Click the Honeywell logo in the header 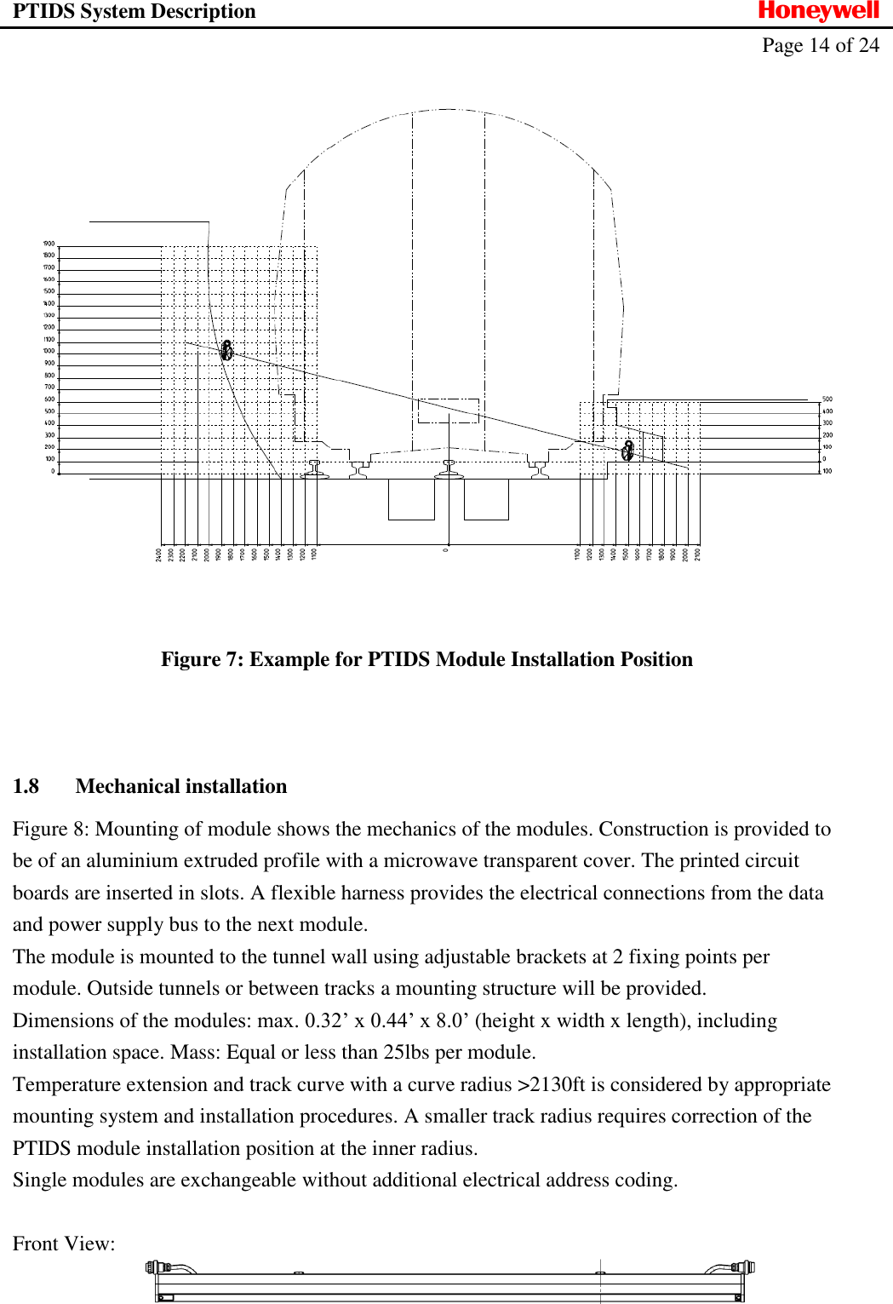click(x=818, y=11)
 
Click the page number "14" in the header click(x=819, y=45)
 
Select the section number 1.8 click(x=26, y=786)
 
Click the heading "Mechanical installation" click(x=181, y=786)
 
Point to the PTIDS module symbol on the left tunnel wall click(x=226, y=350)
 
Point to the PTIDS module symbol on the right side click(x=628, y=450)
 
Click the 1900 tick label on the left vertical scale click(x=49, y=244)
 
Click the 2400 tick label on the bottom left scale click(x=159, y=554)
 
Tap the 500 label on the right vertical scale click(x=827, y=399)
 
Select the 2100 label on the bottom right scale click(x=698, y=554)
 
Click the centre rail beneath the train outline click(x=449, y=468)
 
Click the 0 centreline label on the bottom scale click(x=446, y=550)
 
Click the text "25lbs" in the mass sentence click(x=406, y=1052)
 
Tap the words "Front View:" click(x=64, y=1244)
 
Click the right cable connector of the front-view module click(x=744, y=1267)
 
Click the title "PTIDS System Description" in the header click(x=134, y=11)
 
